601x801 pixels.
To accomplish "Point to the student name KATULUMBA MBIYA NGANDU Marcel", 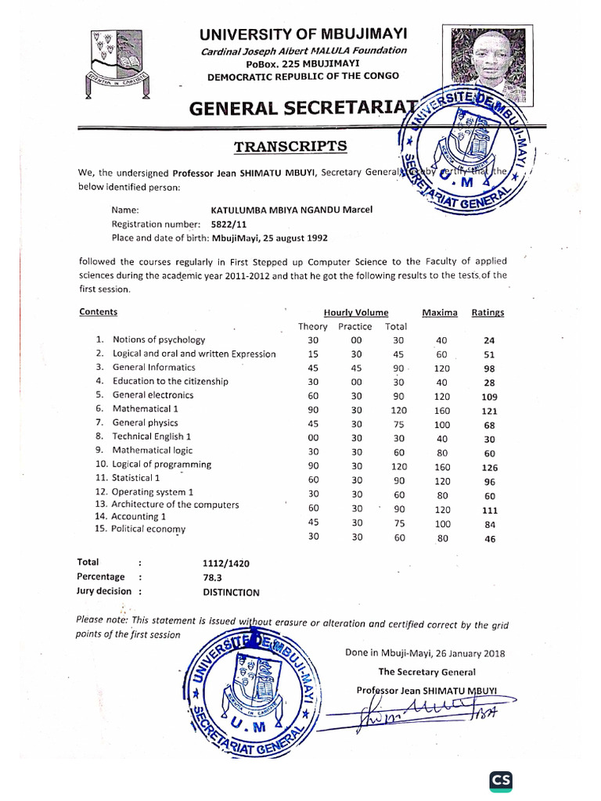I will (292, 210).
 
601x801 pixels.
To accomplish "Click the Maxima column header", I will (440, 312).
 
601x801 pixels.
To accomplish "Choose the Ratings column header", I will (488, 312).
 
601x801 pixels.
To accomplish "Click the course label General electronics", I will (153, 395).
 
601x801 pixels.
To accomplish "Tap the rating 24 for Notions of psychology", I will (489, 341).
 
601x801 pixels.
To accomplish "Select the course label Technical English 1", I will (152, 436).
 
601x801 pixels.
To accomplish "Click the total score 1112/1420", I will (226, 562).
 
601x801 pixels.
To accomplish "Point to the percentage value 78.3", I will (212, 577).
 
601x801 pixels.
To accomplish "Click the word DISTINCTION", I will (231, 592).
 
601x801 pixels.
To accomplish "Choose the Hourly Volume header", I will (356, 312).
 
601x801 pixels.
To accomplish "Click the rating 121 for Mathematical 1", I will (489, 411).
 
